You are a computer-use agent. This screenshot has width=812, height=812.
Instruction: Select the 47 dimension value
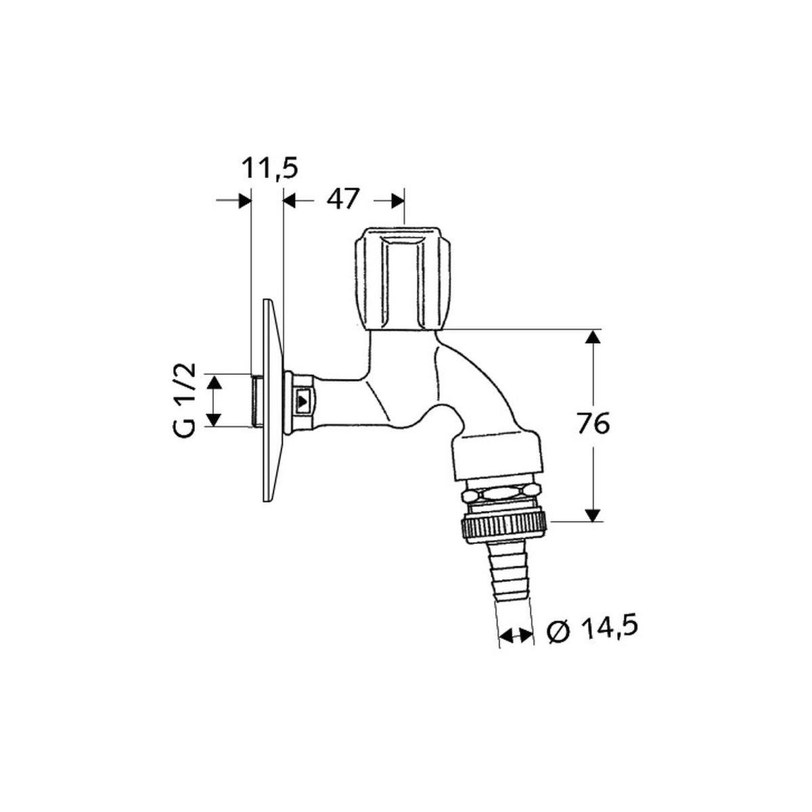tap(343, 199)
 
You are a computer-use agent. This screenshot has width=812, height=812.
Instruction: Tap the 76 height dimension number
tap(593, 424)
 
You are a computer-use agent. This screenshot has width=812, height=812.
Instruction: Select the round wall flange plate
tap(273, 401)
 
